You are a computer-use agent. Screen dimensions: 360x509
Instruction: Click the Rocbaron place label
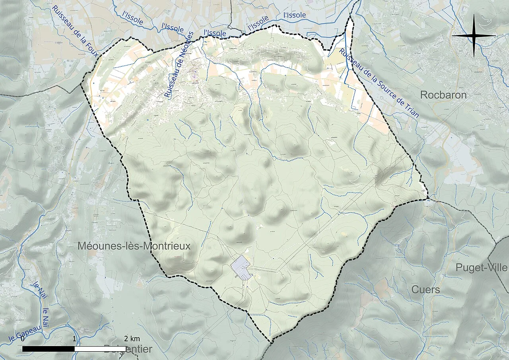[x=443, y=95]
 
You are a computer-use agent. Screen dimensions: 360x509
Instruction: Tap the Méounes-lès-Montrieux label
[x=134, y=246]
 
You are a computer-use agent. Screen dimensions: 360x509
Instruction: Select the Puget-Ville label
[x=482, y=267]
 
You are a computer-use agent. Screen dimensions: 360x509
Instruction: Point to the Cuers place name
[x=425, y=290]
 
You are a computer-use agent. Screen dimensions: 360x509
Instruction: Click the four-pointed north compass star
[x=474, y=35]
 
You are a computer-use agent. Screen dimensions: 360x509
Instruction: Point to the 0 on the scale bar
[x=23, y=339]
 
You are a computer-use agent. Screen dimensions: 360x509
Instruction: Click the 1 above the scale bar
[x=75, y=339]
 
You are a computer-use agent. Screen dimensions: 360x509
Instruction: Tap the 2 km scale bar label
[x=132, y=339]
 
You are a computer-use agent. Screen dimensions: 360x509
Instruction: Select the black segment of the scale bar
[x=49, y=349]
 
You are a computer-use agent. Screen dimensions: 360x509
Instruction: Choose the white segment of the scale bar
[x=100, y=349]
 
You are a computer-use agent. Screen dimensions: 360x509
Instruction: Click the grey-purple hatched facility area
[x=241, y=267]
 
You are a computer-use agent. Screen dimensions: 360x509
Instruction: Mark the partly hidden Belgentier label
[x=128, y=349]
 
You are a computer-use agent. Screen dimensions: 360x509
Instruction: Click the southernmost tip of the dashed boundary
[x=272, y=342]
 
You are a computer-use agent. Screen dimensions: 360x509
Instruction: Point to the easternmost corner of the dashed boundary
[x=427, y=198]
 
